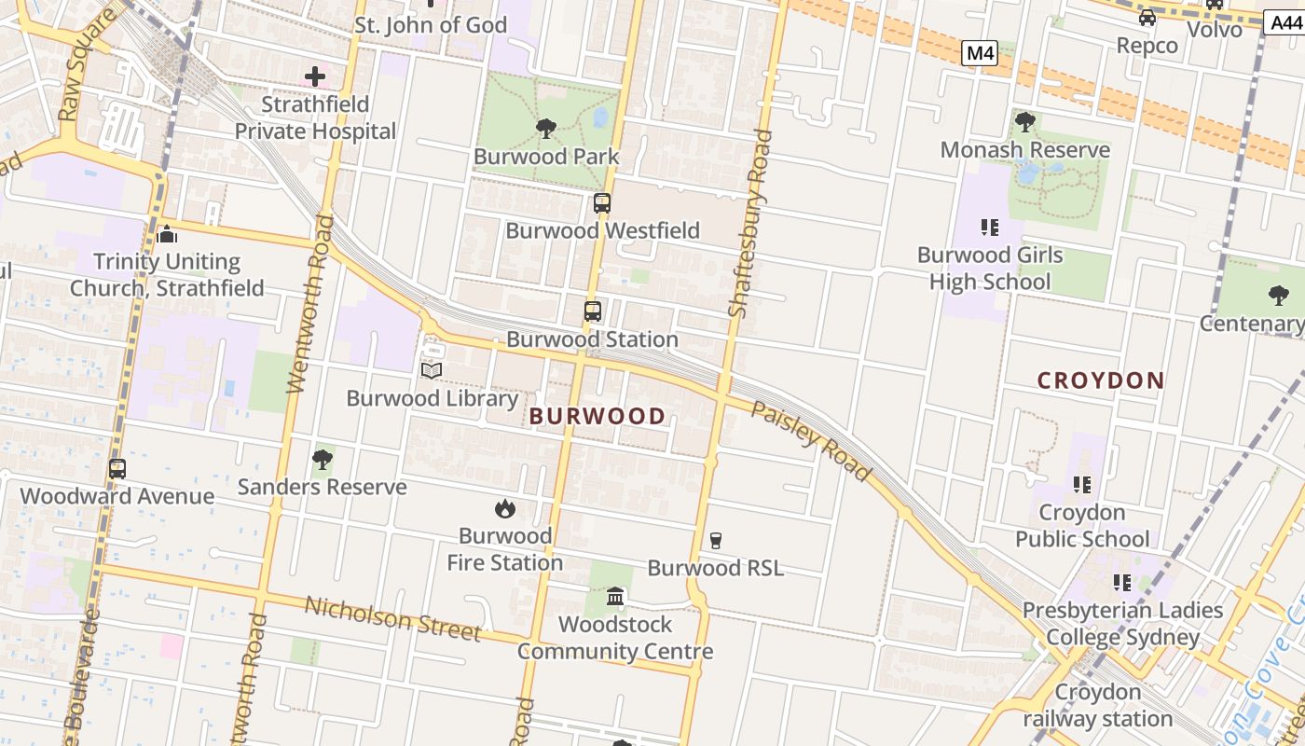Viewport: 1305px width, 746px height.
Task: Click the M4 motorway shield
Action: (x=980, y=54)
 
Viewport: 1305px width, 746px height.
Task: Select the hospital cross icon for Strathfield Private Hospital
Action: (x=315, y=76)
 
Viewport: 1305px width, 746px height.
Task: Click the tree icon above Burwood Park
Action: (x=546, y=129)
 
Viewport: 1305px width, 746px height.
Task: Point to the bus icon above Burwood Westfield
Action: (x=602, y=202)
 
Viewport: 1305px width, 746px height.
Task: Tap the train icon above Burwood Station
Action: (x=593, y=311)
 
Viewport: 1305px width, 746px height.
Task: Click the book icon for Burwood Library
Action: (x=431, y=371)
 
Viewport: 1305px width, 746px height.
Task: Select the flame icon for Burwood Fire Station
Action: (x=505, y=508)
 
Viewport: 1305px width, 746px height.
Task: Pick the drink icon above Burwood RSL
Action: (x=715, y=540)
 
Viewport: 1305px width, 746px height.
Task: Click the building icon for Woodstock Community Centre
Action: (x=615, y=596)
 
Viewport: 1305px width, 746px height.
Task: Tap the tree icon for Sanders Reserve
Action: (x=323, y=460)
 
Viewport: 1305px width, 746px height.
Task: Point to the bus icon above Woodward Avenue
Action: (x=117, y=469)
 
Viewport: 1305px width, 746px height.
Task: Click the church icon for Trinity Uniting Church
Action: (x=167, y=234)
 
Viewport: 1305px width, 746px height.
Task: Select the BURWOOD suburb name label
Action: (x=598, y=417)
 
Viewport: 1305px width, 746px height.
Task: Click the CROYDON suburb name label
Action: (x=1101, y=380)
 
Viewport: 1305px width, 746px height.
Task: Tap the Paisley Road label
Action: (x=811, y=441)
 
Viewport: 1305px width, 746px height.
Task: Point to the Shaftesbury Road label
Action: (x=750, y=224)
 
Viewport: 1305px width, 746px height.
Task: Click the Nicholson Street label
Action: (x=392, y=618)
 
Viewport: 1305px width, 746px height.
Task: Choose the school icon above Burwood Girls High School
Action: (x=989, y=227)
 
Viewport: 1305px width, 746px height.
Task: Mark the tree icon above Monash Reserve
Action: (x=1025, y=122)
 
